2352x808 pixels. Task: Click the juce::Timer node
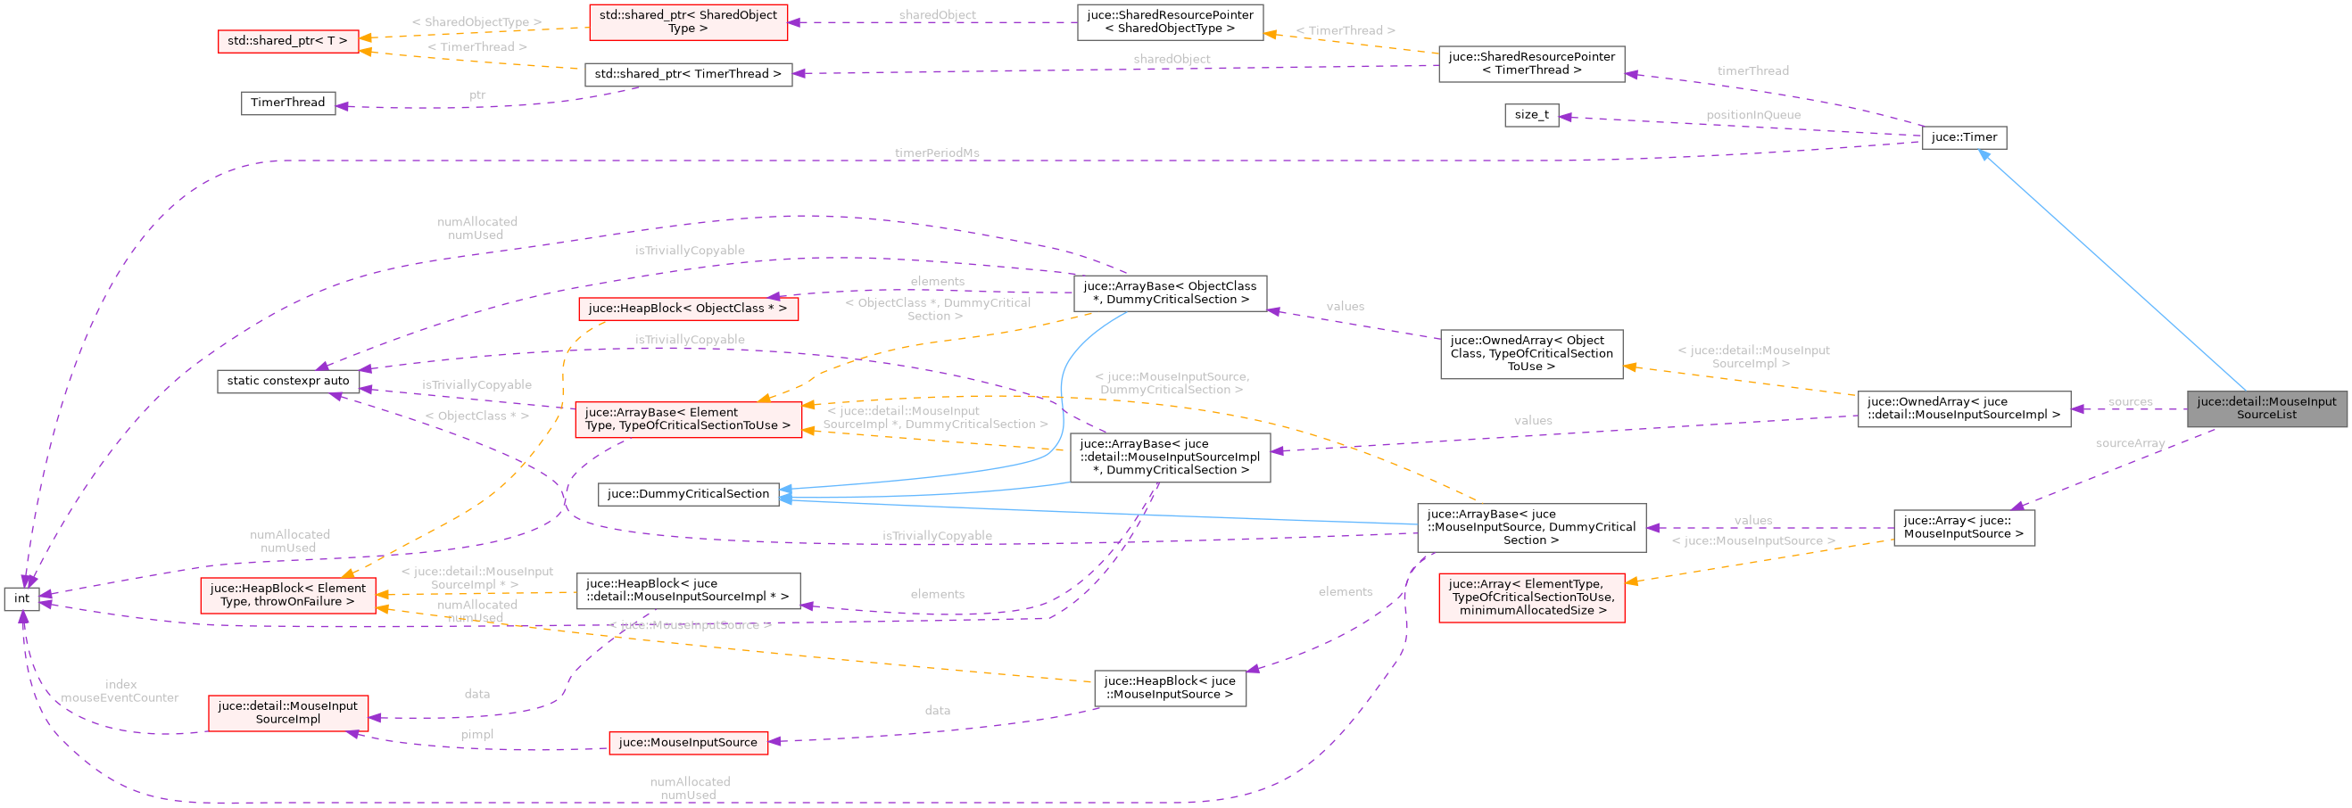1963,137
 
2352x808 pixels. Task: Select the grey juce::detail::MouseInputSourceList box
2266,408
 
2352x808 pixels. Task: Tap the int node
22,599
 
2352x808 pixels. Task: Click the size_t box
1531,115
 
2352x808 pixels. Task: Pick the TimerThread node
287,103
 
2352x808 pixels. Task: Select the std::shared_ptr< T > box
287,41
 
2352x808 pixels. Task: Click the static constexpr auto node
287,381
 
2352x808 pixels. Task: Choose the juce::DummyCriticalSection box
688,494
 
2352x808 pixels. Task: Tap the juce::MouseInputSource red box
688,742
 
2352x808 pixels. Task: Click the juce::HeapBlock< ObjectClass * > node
688,309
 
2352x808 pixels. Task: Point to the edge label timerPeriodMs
937,153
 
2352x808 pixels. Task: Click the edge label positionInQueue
1753,115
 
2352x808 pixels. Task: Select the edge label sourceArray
2129,444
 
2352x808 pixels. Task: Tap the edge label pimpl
476,735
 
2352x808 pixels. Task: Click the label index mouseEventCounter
120,691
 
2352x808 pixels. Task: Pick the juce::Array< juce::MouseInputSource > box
1963,528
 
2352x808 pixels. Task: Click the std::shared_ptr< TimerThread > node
688,74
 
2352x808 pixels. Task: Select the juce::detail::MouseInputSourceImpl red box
287,713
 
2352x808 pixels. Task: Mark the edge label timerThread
1752,71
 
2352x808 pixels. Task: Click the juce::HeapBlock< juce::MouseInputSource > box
1169,688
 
